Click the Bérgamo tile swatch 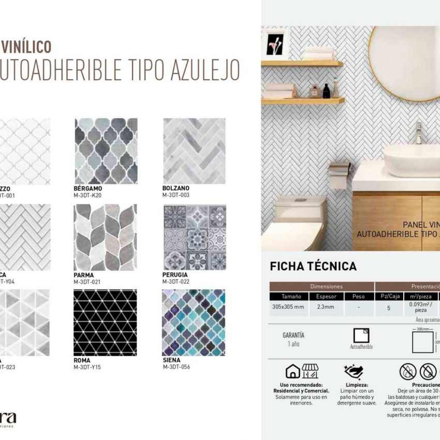106,151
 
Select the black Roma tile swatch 106,322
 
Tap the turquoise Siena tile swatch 194,322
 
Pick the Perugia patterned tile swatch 194,237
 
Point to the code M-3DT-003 176,195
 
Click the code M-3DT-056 176,367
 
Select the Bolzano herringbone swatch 194,151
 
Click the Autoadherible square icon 361,335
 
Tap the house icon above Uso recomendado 293,371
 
